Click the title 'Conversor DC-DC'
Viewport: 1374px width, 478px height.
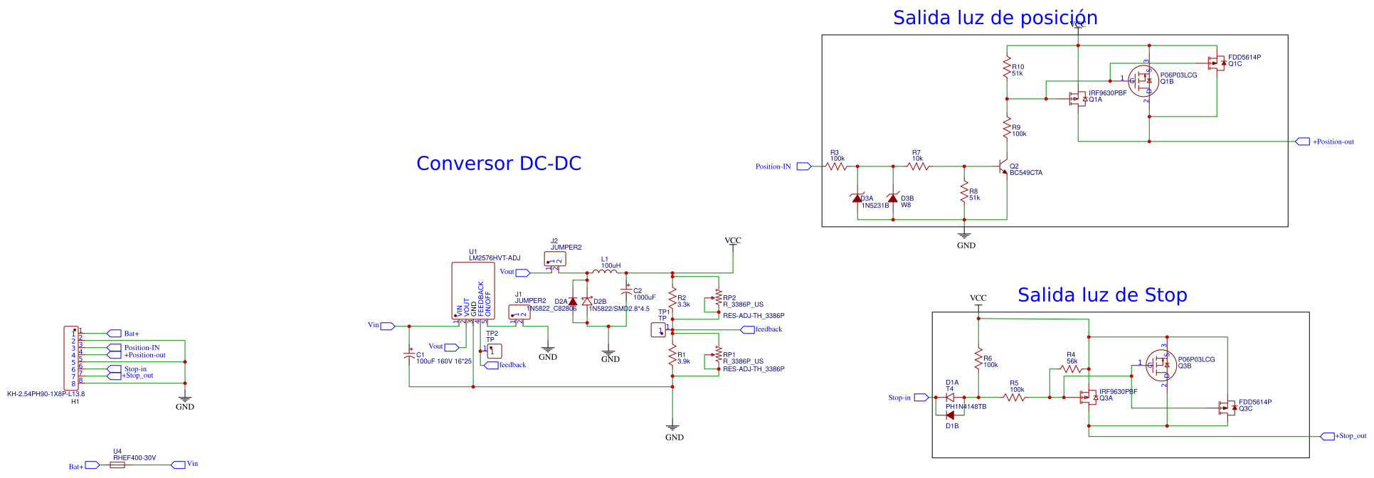498,164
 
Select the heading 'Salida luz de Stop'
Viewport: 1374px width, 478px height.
1101,295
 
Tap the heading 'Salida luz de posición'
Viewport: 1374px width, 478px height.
995,18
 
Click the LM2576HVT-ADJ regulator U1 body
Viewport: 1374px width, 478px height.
472,290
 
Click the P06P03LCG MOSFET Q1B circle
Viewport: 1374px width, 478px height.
1143,81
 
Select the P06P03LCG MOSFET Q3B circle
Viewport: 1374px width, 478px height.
1161,365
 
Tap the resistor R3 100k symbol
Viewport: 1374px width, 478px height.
837,166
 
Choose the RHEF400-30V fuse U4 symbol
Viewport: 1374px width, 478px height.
118,465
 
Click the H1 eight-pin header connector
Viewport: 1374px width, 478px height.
71,358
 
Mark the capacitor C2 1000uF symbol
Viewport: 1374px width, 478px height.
626,292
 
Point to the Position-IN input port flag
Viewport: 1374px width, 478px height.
803,166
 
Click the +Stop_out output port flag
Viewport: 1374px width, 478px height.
1327,436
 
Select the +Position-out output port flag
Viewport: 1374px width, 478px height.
1302,142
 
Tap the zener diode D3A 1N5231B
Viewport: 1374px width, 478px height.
857,198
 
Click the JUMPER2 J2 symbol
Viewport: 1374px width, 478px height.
555,260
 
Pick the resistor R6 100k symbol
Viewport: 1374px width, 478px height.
978,358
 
